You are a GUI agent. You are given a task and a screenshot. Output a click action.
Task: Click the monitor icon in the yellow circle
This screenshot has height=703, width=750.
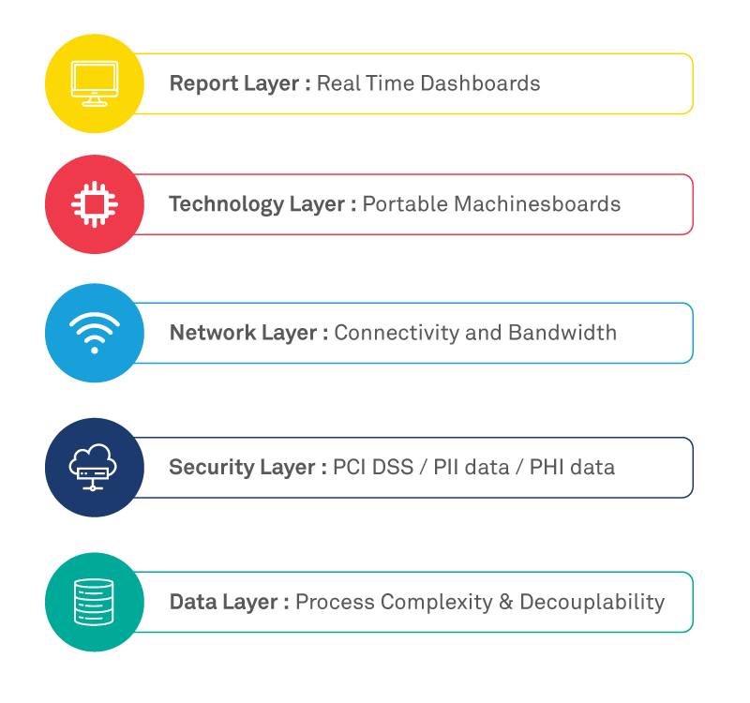(x=95, y=83)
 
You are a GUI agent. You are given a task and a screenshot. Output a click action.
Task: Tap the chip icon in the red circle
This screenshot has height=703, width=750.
(x=95, y=204)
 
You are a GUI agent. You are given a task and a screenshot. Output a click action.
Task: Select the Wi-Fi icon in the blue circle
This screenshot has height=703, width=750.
(x=95, y=333)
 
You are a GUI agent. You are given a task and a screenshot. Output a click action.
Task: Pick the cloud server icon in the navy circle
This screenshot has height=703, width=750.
(x=93, y=467)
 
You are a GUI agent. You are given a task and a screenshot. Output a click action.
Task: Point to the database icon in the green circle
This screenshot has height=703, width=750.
(x=95, y=602)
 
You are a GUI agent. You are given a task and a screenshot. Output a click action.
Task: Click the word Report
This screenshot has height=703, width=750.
(x=203, y=84)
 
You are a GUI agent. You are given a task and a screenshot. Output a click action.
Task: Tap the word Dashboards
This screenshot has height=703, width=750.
(x=481, y=83)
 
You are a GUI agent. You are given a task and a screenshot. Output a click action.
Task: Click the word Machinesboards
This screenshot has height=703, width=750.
(x=537, y=203)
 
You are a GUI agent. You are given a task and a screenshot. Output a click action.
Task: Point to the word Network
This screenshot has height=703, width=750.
(x=213, y=333)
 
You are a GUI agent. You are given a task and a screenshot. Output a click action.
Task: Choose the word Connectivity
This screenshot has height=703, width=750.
(x=397, y=334)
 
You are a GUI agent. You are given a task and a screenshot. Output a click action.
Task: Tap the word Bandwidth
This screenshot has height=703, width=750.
(x=562, y=333)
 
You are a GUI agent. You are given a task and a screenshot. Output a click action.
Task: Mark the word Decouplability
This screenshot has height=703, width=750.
(x=592, y=603)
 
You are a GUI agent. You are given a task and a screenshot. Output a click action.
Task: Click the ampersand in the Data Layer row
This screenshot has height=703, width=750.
(x=506, y=602)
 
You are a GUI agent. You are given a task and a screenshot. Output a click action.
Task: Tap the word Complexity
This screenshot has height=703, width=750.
(x=437, y=603)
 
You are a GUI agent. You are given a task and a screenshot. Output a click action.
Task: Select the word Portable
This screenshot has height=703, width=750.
(x=406, y=203)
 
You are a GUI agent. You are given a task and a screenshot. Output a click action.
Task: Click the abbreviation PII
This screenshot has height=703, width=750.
(x=446, y=467)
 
